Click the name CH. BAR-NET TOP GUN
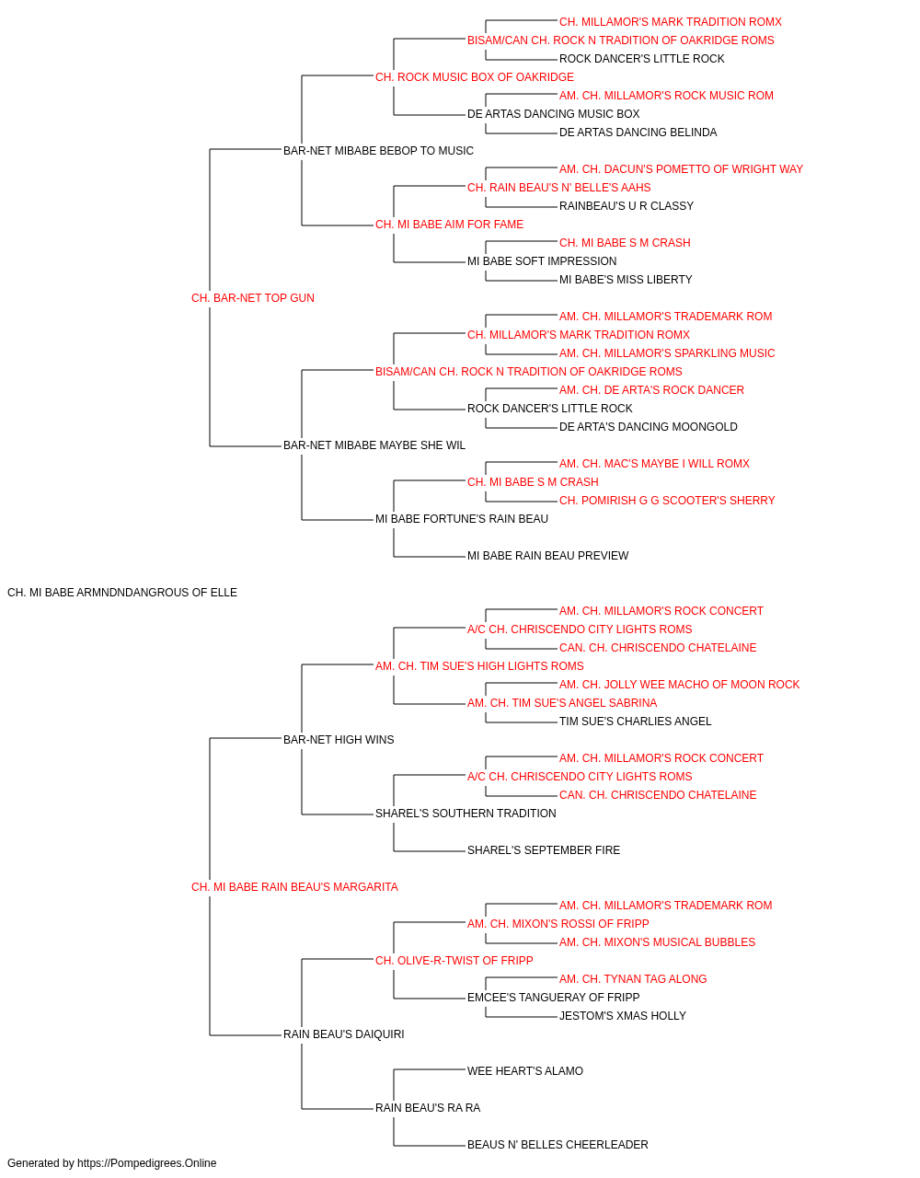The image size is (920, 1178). click(252, 298)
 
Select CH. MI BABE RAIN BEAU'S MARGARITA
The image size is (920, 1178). click(294, 887)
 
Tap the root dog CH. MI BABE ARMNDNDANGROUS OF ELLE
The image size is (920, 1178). click(122, 593)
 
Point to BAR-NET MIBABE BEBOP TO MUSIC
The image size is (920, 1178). click(378, 151)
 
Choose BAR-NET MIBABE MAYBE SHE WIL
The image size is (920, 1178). click(374, 445)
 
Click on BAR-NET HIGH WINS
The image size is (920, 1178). click(338, 739)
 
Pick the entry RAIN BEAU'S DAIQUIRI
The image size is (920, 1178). click(343, 1034)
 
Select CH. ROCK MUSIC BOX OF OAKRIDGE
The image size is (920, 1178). click(474, 77)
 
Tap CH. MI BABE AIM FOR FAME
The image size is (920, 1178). click(449, 225)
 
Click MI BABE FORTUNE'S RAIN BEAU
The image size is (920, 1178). click(462, 519)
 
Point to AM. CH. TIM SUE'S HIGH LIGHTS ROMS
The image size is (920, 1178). click(479, 665)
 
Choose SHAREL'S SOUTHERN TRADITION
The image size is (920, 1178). click(466, 814)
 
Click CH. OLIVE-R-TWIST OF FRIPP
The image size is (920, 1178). click(454, 960)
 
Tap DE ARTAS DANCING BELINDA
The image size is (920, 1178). click(638, 133)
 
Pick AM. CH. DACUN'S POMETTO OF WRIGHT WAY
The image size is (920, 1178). click(681, 169)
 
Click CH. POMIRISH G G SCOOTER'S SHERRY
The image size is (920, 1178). click(667, 501)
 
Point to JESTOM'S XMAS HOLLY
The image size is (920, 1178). click(623, 1015)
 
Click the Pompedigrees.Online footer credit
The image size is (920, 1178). click(111, 1163)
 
